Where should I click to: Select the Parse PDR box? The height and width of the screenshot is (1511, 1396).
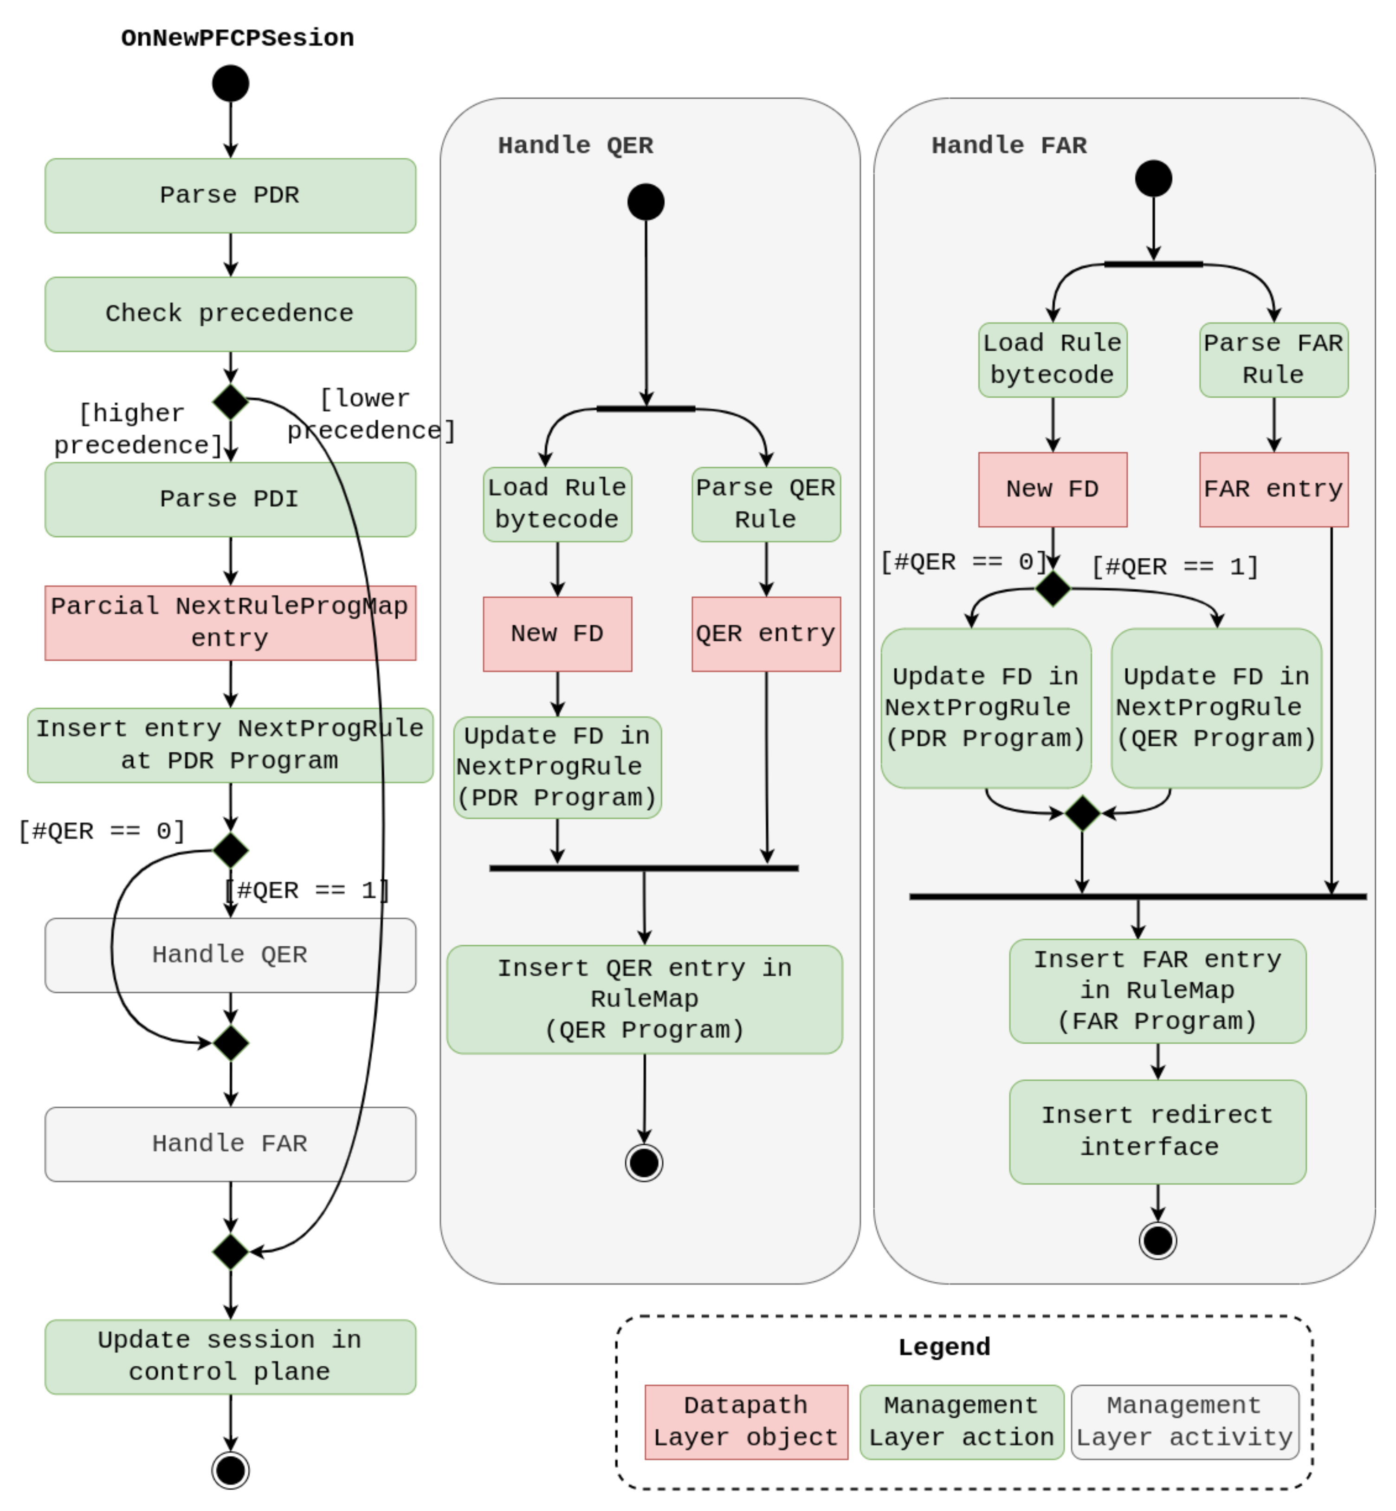pyautogui.click(x=230, y=196)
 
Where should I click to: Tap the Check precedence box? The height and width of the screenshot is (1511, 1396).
pyautogui.click(x=230, y=314)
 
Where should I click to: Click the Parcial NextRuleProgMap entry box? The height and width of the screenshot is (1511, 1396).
pyautogui.click(x=230, y=623)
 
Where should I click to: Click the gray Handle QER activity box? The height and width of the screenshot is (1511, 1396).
pyautogui.click(x=230, y=955)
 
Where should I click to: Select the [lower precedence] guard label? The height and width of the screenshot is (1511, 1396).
pyautogui.click(x=370, y=415)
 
